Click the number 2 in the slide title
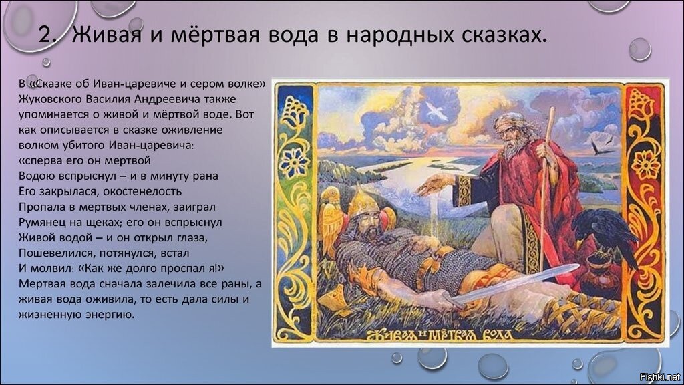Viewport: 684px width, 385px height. (x=45, y=35)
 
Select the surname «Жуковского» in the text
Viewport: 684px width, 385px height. (x=50, y=99)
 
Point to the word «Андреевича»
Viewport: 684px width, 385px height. (x=166, y=99)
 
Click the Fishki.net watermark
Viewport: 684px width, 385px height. (x=659, y=376)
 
